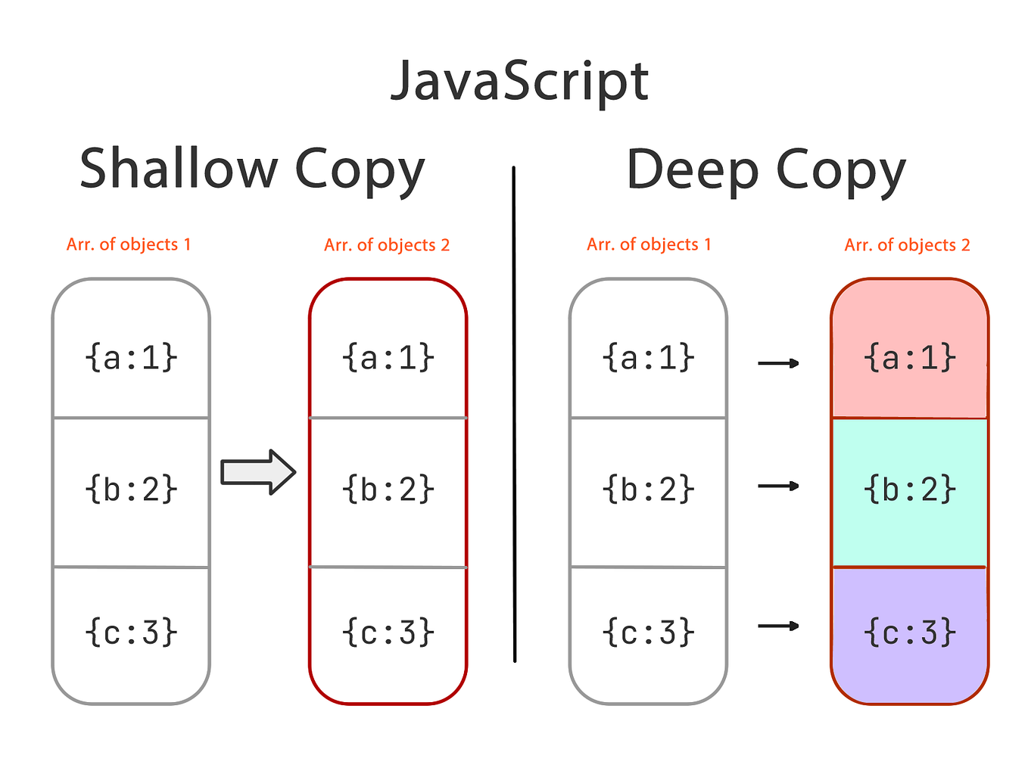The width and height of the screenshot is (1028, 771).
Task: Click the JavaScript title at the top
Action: [519, 81]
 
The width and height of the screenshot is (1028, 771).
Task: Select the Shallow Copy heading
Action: [252, 169]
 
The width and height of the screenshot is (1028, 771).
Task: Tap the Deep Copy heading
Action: [765, 170]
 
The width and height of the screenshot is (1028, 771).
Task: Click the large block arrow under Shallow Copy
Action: [258, 473]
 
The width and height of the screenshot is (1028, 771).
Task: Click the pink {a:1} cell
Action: [909, 357]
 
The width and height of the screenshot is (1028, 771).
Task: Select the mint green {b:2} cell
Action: [909, 490]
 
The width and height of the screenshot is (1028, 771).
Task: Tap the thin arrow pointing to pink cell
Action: [778, 364]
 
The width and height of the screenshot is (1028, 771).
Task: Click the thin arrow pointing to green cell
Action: [778, 486]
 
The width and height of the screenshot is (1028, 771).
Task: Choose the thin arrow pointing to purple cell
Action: [778, 626]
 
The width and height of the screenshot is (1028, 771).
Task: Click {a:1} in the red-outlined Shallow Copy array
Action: [388, 357]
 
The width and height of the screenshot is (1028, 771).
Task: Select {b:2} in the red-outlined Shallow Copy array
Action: [388, 490]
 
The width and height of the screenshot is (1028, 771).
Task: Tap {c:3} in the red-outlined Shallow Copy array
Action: [388, 632]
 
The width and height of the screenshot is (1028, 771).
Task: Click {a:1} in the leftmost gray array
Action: [131, 357]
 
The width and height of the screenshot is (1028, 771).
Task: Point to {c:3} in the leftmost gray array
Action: [131, 632]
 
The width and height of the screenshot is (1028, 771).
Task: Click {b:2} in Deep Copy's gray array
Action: [648, 490]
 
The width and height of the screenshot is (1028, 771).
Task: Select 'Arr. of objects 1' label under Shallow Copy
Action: [129, 244]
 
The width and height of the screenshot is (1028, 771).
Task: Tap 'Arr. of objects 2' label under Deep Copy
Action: [907, 245]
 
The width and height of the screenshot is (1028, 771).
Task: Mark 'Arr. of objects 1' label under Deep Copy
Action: [649, 244]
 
